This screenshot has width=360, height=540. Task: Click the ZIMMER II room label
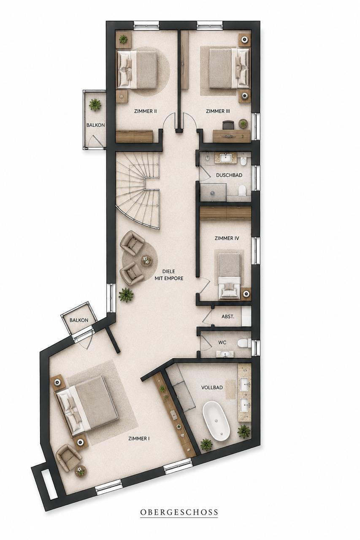146,111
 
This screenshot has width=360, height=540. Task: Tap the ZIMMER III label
218,111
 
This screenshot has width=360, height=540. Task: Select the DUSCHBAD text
229,175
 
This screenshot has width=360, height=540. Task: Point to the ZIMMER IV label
227,238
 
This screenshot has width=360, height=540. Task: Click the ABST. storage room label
228,316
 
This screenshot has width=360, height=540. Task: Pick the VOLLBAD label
212,388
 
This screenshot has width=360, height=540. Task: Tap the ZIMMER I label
139,438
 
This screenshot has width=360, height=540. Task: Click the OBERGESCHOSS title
179,512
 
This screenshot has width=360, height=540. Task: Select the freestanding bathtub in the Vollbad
216,421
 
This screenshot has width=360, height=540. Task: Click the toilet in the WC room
243,343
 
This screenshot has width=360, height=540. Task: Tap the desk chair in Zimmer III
228,125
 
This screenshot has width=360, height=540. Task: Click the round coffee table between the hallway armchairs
146,260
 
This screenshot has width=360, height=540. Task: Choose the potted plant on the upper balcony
95,105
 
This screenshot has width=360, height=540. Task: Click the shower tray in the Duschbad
213,192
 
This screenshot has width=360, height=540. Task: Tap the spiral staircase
138,190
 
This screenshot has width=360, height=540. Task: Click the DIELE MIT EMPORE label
169,275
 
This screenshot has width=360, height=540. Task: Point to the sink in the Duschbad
226,158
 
